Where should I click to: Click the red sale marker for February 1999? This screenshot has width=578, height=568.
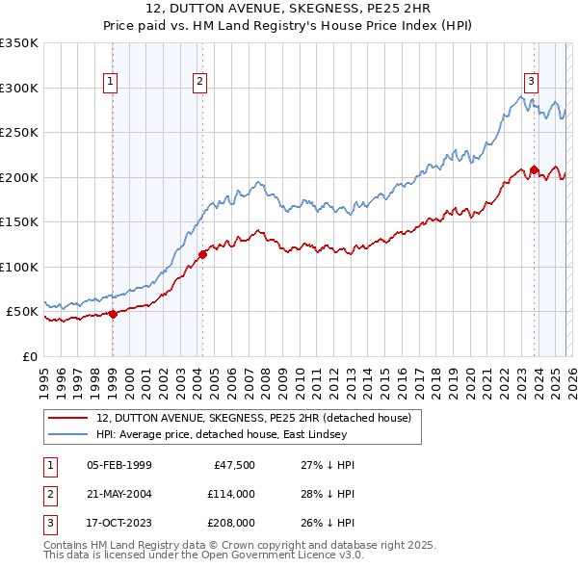(x=113, y=313)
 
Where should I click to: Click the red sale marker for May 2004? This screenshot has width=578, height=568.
(x=202, y=254)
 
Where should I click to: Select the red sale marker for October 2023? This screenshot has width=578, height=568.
(x=534, y=169)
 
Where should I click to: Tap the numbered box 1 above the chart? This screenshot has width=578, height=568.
(x=112, y=83)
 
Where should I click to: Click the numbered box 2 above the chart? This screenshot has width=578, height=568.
(x=199, y=83)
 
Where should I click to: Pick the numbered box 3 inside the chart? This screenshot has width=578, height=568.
(x=531, y=81)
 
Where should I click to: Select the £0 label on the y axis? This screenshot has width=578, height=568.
(x=29, y=356)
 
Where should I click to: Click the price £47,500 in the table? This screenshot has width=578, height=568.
(x=229, y=465)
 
